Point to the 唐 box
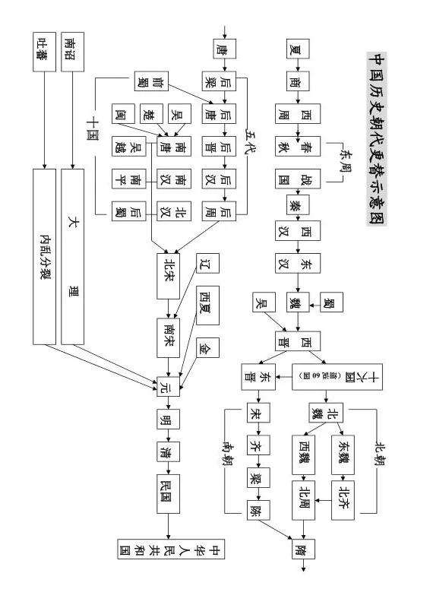(x=220, y=50)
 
